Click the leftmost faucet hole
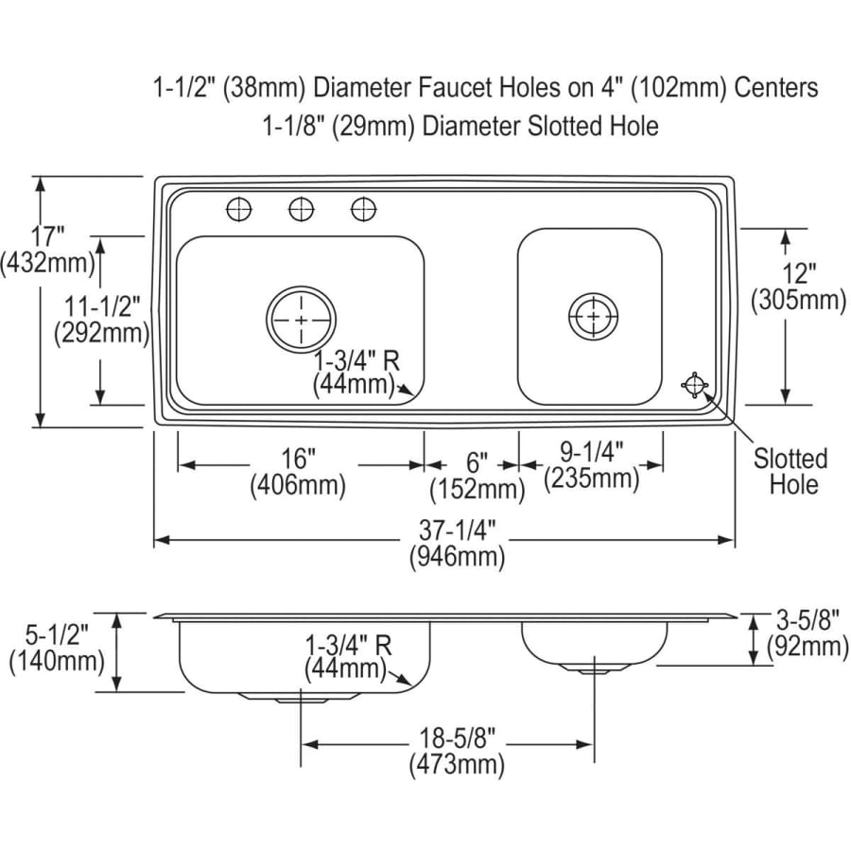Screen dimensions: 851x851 click(x=239, y=209)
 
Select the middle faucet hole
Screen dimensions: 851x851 click(x=302, y=209)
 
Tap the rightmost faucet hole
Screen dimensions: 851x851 click(x=364, y=209)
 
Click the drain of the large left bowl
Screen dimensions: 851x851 click(x=302, y=319)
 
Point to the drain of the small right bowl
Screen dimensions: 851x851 click(x=593, y=316)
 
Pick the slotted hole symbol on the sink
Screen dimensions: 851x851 click(x=695, y=384)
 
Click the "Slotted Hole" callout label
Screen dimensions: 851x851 click(x=790, y=471)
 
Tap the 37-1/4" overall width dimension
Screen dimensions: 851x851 click(x=457, y=544)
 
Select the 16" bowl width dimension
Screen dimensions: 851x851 click(x=298, y=472)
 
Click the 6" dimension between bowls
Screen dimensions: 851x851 click(x=478, y=477)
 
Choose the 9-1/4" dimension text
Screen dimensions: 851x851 click(x=592, y=465)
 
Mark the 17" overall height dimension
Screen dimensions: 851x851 click(x=47, y=250)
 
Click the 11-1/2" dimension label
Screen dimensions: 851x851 click(x=101, y=321)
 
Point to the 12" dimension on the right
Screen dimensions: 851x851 click(x=798, y=287)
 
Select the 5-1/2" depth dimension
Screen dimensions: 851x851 click(x=57, y=648)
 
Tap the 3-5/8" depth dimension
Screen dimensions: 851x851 click(x=808, y=633)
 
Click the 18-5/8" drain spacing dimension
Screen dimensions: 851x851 click(x=457, y=751)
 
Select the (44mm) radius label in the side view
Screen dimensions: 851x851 click(x=346, y=669)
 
